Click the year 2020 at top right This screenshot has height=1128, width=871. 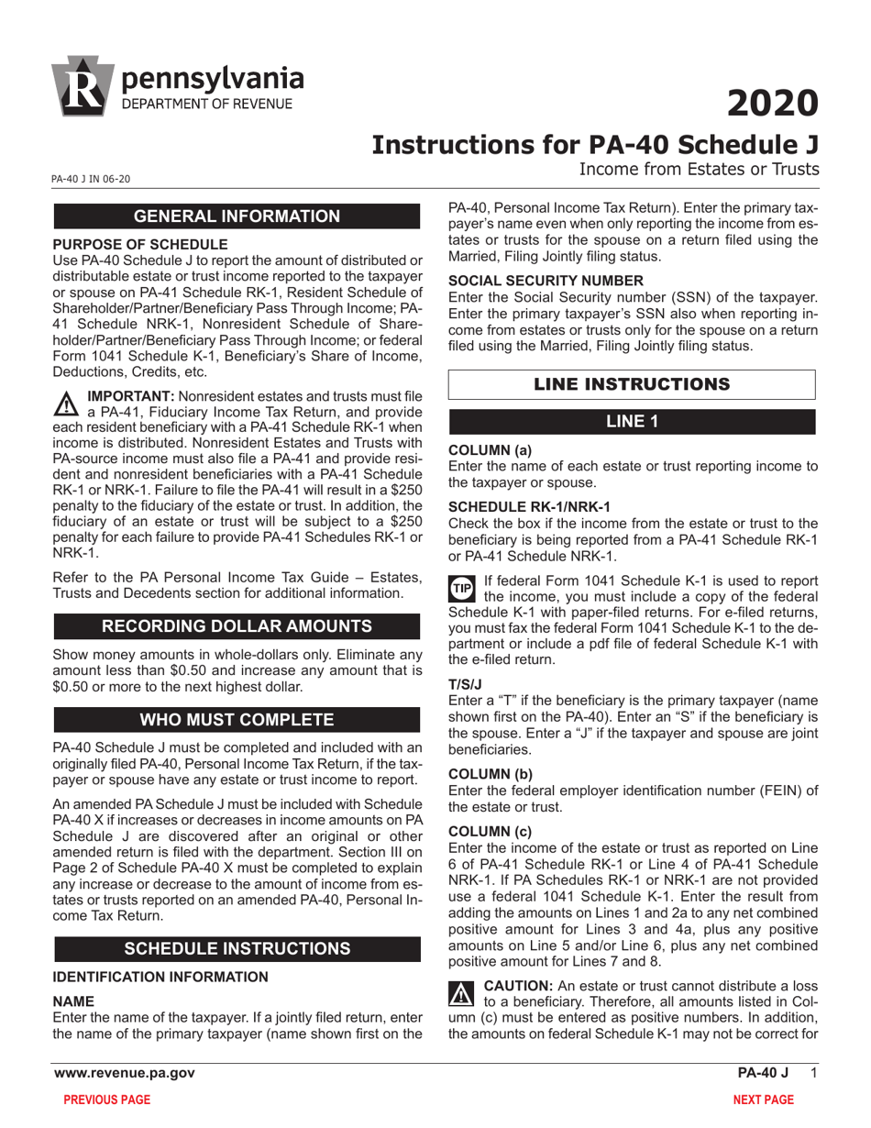pos(772,104)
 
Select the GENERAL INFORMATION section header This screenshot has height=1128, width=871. pos(237,216)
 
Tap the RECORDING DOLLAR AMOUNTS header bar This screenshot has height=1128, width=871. pos(237,626)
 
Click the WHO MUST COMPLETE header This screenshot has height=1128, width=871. pos(237,719)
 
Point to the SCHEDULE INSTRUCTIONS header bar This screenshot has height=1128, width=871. pos(237,948)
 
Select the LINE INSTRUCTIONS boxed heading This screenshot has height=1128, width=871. pos(632,384)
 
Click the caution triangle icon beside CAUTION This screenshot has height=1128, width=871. pos(461,993)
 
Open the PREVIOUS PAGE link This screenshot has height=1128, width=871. pos(106,1100)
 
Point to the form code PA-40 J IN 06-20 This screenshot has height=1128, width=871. pos(91,179)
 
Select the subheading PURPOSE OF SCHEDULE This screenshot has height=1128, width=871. pos(140,244)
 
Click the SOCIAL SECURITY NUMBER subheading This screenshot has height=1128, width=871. pos(546,281)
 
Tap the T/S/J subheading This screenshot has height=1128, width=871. pos(465,683)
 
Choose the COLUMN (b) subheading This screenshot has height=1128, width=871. pos(490,773)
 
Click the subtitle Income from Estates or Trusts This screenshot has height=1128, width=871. pos(698,170)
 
